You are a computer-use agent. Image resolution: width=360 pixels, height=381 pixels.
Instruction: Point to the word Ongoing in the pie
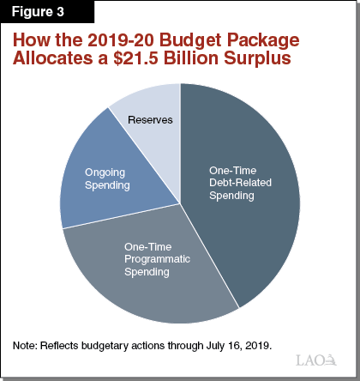(106, 172)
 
